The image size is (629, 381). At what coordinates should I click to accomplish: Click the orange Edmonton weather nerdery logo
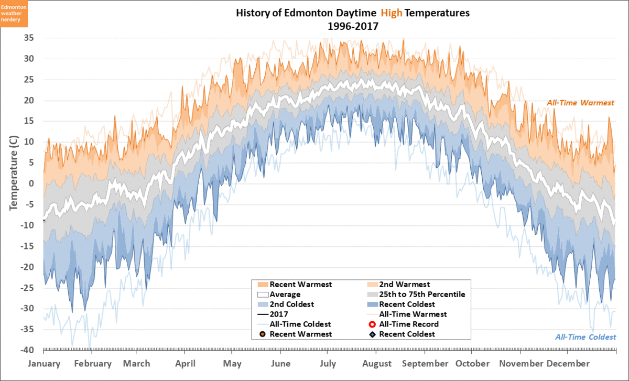click(14, 14)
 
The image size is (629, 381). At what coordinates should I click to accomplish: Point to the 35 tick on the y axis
click(29, 38)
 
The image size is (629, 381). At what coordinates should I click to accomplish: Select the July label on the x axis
click(328, 364)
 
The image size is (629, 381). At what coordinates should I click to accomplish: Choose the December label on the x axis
click(568, 364)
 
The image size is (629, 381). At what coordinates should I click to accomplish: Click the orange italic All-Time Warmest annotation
click(580, 103)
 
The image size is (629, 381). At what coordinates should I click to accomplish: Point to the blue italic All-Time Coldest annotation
click(585, 337)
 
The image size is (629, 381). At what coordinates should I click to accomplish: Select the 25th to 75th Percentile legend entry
click(422, 295)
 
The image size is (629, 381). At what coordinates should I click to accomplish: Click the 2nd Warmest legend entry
click(404, 285)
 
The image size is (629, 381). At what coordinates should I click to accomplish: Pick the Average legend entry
click(285, 295)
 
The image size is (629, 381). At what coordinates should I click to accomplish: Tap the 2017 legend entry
click(278, 314)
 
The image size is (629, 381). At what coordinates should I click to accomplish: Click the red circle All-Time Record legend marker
click(372, 324)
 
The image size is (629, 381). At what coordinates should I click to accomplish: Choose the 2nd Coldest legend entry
click(291, 304)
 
